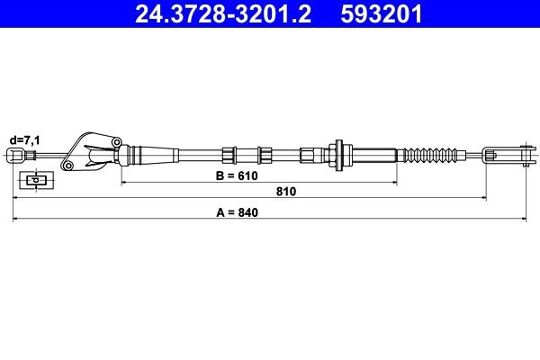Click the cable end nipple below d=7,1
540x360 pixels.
pyautogui.click(x=15, y=156)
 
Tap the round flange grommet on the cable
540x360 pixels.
pyautogui.click(x=339, y=154)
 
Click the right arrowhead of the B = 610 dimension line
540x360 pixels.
pyautogui.click(x=393, y=183)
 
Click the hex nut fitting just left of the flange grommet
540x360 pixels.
pyautogui.click(x=309, y=154)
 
